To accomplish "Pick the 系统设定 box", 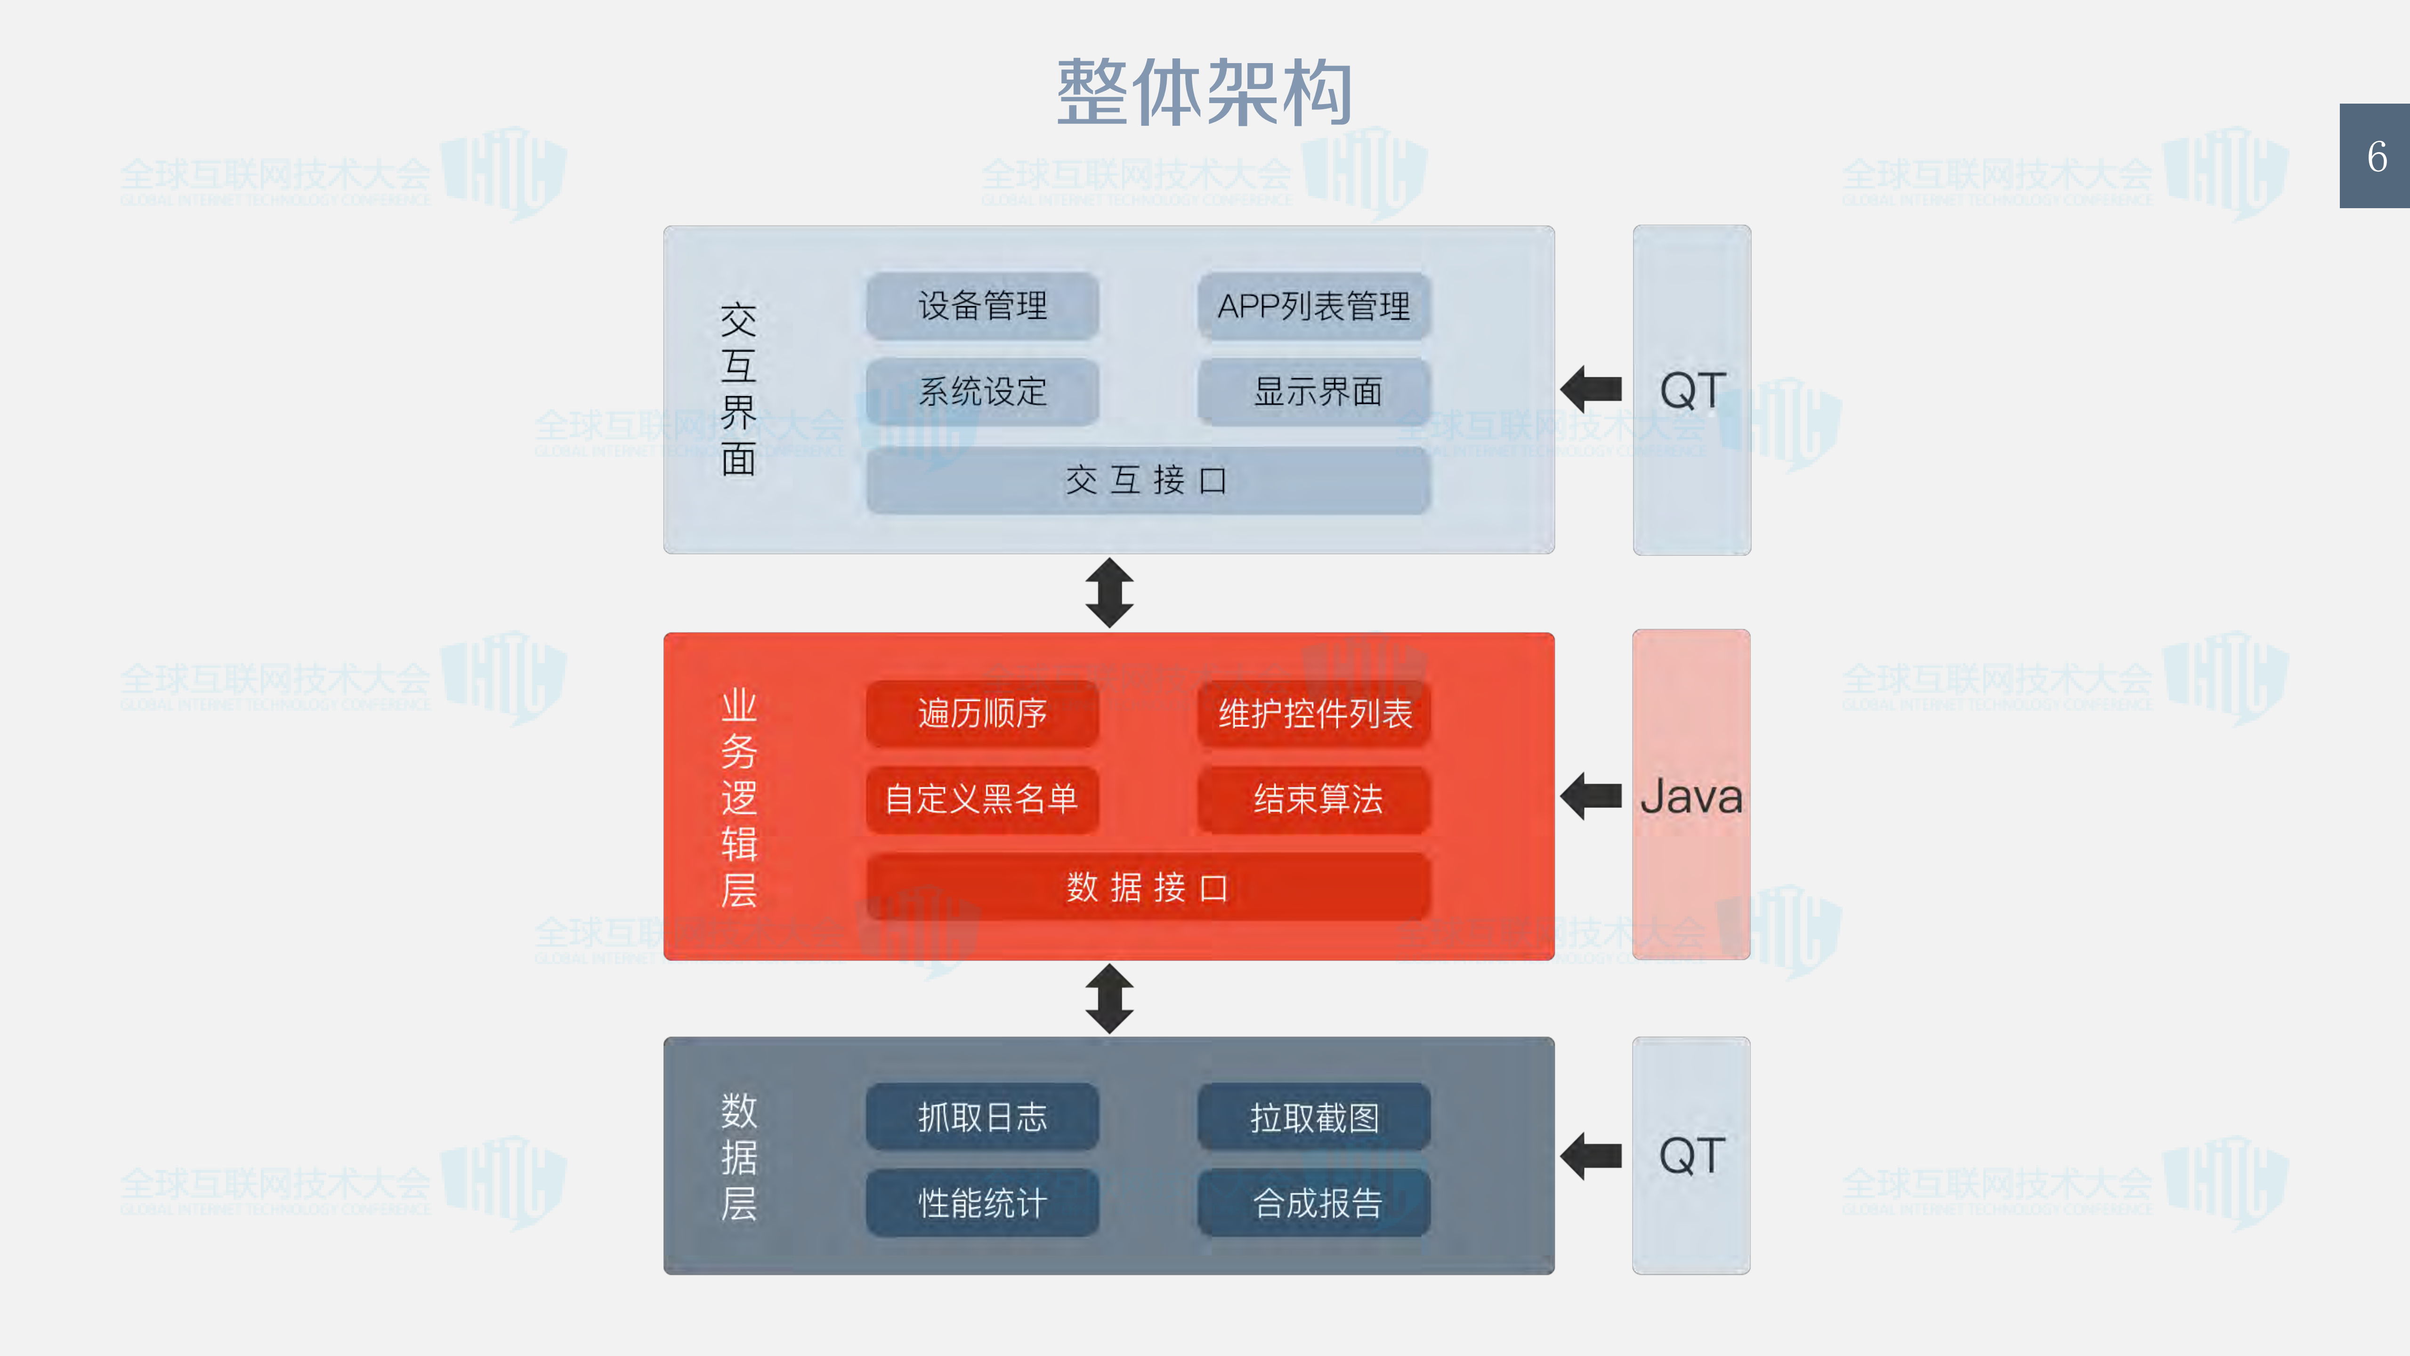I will (x=982, y=391).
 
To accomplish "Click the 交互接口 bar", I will (x=1148, y=480).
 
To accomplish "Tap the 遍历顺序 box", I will (x=982, y=713).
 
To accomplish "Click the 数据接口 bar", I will (x=1148, y=887).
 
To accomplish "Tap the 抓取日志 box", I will (x=982, y=1116).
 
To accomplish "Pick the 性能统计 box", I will (x=982, y=1202).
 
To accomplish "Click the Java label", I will (x=1690, y=797).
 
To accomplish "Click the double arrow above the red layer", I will (x=1109, y=593).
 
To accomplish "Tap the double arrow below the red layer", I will (x=1109, y=999).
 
